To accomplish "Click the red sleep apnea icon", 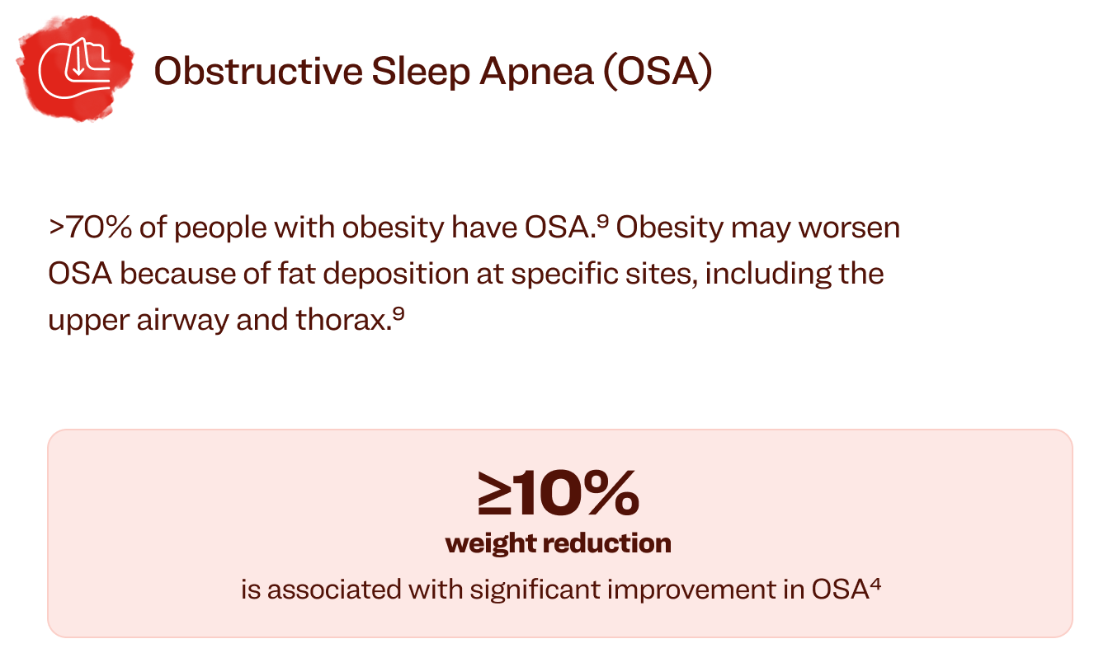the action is click(75, 68).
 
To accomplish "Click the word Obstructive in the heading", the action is click(258, 71).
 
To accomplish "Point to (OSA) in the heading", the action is click(658, 72).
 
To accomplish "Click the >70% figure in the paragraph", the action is click(91, 228).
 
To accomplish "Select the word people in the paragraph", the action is click(220, 228).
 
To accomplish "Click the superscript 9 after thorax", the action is click(398, 313).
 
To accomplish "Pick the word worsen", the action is click(849, 228).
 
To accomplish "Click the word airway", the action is click(182, 320).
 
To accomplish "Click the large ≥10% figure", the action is click(559, 492).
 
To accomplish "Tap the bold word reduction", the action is click(609, 543).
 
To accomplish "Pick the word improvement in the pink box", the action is click(692, 589).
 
